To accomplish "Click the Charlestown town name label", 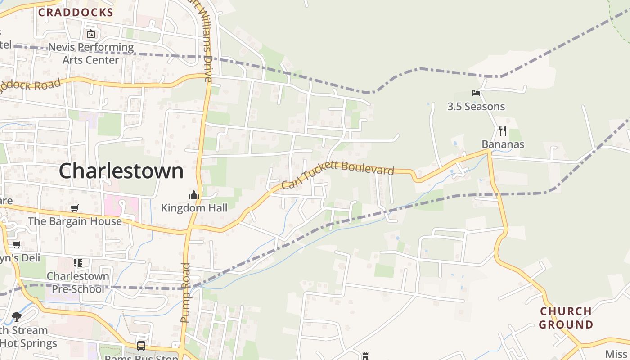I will point(121,171).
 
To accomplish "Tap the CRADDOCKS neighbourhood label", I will point(76,13).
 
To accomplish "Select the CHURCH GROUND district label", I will point(566,318).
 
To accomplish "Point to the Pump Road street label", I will point(185,292).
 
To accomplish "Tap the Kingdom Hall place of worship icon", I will point(194,195).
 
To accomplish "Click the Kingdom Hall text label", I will point(194,208).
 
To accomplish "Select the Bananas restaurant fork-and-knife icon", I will point(503,131).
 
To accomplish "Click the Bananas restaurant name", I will point(503,144).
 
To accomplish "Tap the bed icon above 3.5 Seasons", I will point(476,93).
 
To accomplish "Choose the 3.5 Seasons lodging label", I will point(476,107).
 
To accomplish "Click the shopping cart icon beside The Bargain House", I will point(75,208).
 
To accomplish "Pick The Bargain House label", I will point(75,221).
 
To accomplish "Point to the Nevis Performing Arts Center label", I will point(91,53).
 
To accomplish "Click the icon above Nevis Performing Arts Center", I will point(91,34).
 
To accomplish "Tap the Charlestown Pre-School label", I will point(78,282).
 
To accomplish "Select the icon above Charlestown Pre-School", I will point(78,263).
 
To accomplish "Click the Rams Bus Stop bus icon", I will point(141,346).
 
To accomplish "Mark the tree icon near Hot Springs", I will point(17,317).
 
